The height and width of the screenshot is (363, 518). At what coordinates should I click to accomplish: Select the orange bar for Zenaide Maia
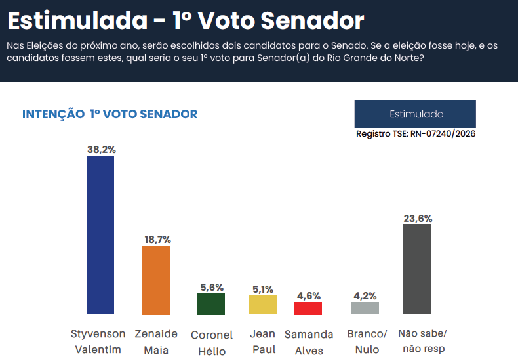pos(156,280)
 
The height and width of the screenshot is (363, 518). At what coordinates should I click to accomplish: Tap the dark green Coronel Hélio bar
pos(211,304)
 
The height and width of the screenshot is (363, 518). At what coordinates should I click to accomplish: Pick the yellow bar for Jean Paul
pos(262,305)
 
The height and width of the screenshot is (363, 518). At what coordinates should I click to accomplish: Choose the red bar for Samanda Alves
pos(308,309)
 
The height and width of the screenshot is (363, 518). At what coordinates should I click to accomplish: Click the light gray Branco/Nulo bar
pos(365,309)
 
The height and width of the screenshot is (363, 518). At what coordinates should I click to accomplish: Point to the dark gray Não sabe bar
pos(417,269)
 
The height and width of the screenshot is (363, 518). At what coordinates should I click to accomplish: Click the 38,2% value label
pos(101,150)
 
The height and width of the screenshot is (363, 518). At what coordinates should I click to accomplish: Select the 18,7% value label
pos(157,240)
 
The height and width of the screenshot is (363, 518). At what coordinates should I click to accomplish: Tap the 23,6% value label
pos(417,218)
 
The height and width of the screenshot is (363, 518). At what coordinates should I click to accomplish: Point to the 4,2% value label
pos(365,295)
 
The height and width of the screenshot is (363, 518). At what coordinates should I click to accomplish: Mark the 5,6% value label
pos(212,287)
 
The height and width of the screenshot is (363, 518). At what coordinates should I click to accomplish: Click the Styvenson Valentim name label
pos(98,341)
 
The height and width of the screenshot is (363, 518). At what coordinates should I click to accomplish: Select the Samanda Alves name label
pos(308,342)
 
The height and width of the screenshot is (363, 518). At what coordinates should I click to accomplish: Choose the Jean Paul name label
pos(263,341)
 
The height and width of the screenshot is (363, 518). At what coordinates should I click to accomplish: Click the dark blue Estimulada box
pos(415,114)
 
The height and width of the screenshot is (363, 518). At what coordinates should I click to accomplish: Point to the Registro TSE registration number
pos(415,133)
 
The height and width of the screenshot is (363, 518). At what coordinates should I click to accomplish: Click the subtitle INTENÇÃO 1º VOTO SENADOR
pos(110,114)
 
